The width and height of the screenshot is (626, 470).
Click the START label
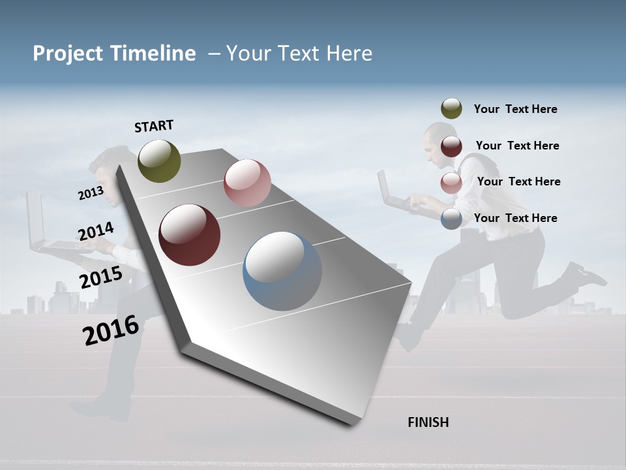coord(154,126)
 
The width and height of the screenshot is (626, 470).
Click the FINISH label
coord(428,422)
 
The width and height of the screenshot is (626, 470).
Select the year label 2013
coord(91,193)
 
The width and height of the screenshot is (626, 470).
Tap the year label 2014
coord(96,232)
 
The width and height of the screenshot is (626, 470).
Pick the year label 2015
coord(100,278)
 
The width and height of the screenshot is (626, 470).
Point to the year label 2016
coord(111,330)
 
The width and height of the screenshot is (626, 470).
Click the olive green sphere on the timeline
coord(159,161)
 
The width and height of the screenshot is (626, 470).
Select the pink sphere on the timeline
coord(247,183)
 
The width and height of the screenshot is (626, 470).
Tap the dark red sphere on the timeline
coord(189,235)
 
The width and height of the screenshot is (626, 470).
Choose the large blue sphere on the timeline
coord(282,271)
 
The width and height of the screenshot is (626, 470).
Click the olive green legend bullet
coord(451,109)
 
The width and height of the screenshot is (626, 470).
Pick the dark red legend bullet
coord(451,146)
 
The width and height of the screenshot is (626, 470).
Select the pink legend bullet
coord(451,183)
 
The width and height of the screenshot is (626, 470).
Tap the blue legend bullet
coord(451,219)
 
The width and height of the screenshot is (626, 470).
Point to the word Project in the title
coord(67,54)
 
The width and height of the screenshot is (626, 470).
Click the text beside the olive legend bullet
coord(515,109)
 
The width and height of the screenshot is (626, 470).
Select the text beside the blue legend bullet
coord(515,218)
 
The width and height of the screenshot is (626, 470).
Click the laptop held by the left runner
coord(40,225)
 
